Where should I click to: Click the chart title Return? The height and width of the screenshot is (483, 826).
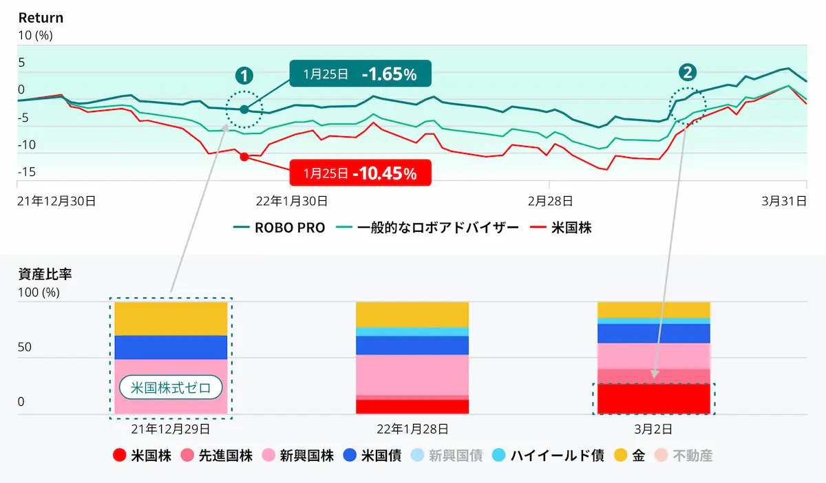(x=41, y=18)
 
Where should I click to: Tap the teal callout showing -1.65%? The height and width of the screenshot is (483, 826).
(x=360, y=74)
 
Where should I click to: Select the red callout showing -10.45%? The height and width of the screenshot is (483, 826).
(x=360, y=173)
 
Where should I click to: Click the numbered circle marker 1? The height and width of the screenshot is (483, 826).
(x=244, y=75)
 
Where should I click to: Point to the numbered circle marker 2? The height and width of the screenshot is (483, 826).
(x=687, y=72)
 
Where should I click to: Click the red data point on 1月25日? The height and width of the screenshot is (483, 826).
(x=244, y=157)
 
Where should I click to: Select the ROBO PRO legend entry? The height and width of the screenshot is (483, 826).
(x=279, y=228)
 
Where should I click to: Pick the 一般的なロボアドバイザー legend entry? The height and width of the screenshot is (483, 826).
(x=427, y=228)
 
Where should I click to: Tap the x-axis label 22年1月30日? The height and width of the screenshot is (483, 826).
(x=291, y=201)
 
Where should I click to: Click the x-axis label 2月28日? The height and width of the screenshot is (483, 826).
(x=550, y=201)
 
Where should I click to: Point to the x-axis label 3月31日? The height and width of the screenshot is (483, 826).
(x=783, y=201)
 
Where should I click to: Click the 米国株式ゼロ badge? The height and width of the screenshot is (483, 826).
(x=171, y=387)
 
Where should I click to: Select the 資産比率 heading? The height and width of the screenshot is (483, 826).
(x=45, y=274)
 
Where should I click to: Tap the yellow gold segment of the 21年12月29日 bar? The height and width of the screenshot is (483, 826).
(x=171, y=319)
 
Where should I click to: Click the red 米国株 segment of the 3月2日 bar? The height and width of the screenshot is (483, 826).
(x=653, y=399)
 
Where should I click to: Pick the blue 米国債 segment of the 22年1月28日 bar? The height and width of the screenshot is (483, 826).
(x=412, y=345)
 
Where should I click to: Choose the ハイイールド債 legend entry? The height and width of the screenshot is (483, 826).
(x=549, y=455)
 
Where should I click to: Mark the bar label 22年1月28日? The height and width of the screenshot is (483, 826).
(x=412, y=429)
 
